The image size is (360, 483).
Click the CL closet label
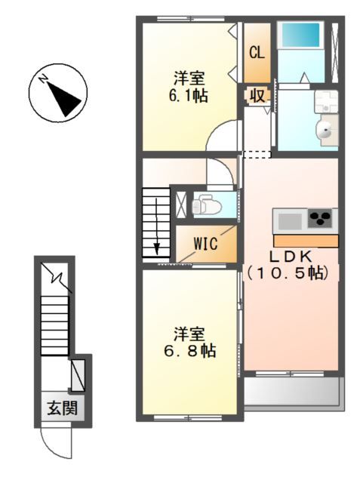click(257, 52)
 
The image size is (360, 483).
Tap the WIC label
click(206, 243)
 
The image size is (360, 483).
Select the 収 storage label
click(257, 96)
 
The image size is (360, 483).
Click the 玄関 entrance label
click(62, 409)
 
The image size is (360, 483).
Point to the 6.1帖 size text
click(188, 96)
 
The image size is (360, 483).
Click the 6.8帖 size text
click(189, 350)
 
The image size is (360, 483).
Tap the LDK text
click(291, 257)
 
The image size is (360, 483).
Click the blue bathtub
click(301, 34)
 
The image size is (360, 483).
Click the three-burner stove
click(320, 218)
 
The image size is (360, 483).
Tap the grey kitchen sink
click(290, 221)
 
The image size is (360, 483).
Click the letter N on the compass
click(43, 79)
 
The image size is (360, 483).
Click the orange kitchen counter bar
click(306, 241)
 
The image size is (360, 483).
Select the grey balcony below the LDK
click(293, 392)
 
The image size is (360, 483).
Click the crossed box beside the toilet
click(180, 205)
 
